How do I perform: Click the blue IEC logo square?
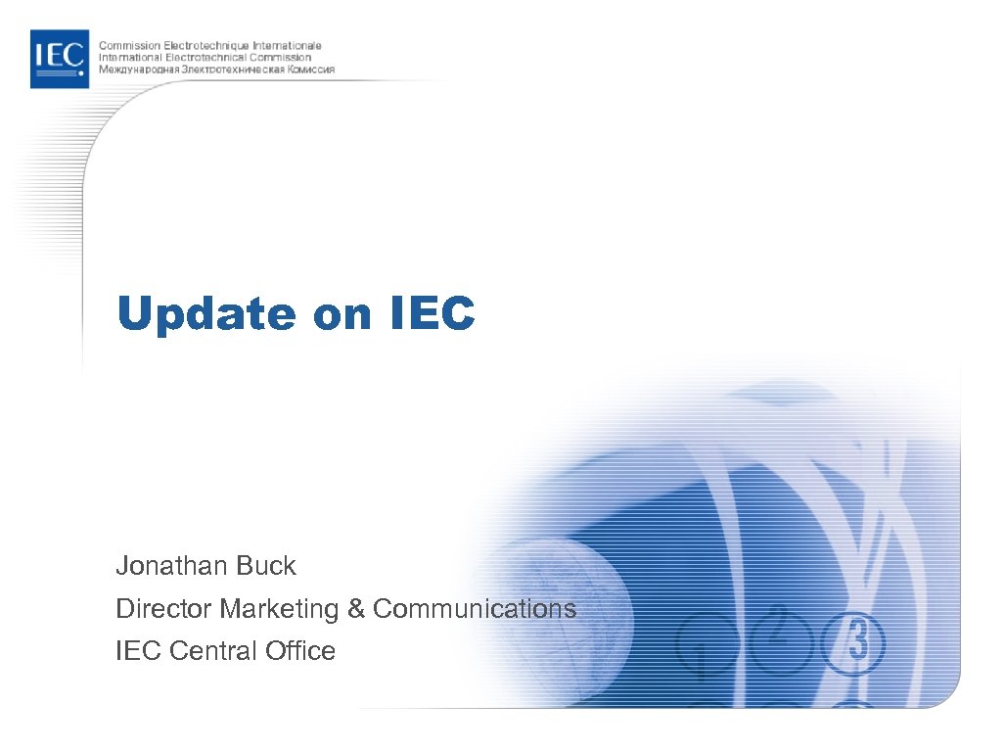60,59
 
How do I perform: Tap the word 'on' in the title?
342,315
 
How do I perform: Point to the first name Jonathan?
170,566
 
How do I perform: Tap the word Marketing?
279,609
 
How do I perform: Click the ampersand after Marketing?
355,609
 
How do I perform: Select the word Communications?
475,609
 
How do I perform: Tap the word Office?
299,651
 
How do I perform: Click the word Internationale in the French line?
288,46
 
